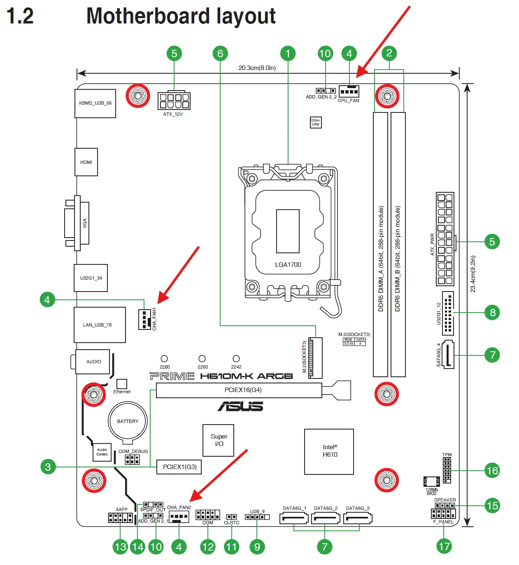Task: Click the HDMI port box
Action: coord(86,162)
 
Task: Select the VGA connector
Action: coord(77,223)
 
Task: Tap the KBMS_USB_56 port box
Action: coord(95,103)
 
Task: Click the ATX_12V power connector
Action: coord(174,100)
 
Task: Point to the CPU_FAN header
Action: coord(349,91)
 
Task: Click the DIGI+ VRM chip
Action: coord(316,122)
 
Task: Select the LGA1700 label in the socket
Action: coord(288,264)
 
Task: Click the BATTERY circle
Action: coord(128,421)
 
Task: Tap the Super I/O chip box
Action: coord(218,440)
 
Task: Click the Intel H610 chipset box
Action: coord(329,451)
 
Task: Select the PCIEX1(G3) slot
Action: coord(179,467)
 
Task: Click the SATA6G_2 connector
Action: coord(326,518)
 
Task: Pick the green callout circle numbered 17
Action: coord(444,547)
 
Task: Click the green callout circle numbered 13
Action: coord(121,547)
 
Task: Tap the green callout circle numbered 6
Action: coord(220,54)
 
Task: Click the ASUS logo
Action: coord(240,406)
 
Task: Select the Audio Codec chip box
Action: coord(102,452)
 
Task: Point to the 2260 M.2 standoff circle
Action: coord(202,359)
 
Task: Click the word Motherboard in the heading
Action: coord(148,16)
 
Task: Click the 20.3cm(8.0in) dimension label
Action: coord(257,68)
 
